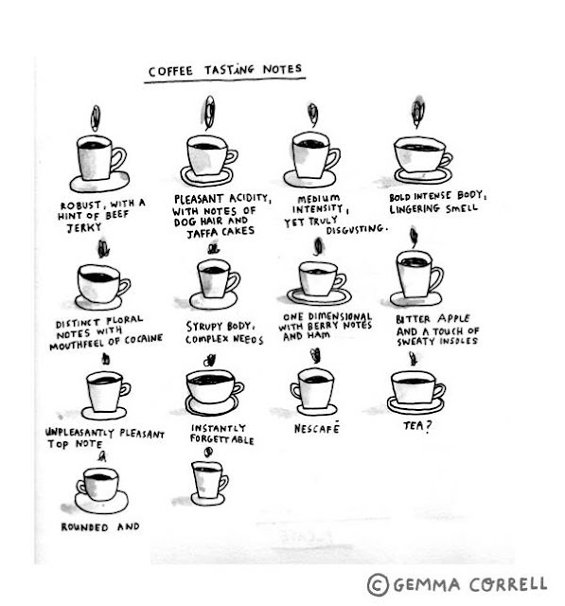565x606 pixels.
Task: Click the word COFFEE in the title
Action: pos(170,71)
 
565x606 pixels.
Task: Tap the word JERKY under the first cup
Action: pos(84,227)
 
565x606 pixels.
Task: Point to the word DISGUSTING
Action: pos(356,229)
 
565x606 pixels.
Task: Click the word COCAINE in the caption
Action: pos(143,339)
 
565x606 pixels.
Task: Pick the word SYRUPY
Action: pos(204,327)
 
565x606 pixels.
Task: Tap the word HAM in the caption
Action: pos(318,335)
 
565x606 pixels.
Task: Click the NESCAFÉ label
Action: pos(317,427)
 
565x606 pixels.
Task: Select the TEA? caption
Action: pos(417,426)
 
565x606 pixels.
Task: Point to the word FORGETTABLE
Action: pos(222,439)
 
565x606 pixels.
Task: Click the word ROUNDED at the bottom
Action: pos(84,527)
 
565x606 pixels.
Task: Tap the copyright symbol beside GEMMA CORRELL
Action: pos(378,584)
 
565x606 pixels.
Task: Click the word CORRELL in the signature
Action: pos(508,583)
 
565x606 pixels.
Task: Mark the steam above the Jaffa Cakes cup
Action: pos(209,112)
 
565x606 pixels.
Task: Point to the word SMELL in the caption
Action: pos(462,208)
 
